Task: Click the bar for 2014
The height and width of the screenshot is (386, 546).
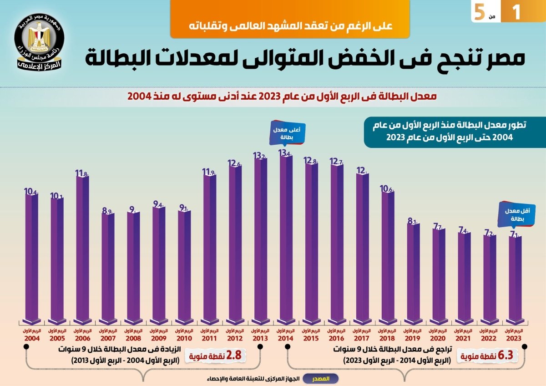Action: pyautogui.click(x=286, y=237)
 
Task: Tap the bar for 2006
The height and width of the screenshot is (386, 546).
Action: pyautogui.click(x=82, y=248)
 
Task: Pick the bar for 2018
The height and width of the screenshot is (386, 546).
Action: pyautogui.click(x=387, y=255)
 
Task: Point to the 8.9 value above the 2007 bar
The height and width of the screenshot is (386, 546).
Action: pyautogui.click(x=107, y=210)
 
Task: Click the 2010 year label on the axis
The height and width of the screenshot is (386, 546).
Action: pyautogui.click(x=184, y=338)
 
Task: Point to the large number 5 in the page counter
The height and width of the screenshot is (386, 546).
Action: pyautogui.click(x=479, y=12)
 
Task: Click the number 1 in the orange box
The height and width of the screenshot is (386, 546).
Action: pyautogui.click(x=516, y=11)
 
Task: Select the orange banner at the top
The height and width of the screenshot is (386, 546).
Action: pyautogui.click(x=290, y=19)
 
